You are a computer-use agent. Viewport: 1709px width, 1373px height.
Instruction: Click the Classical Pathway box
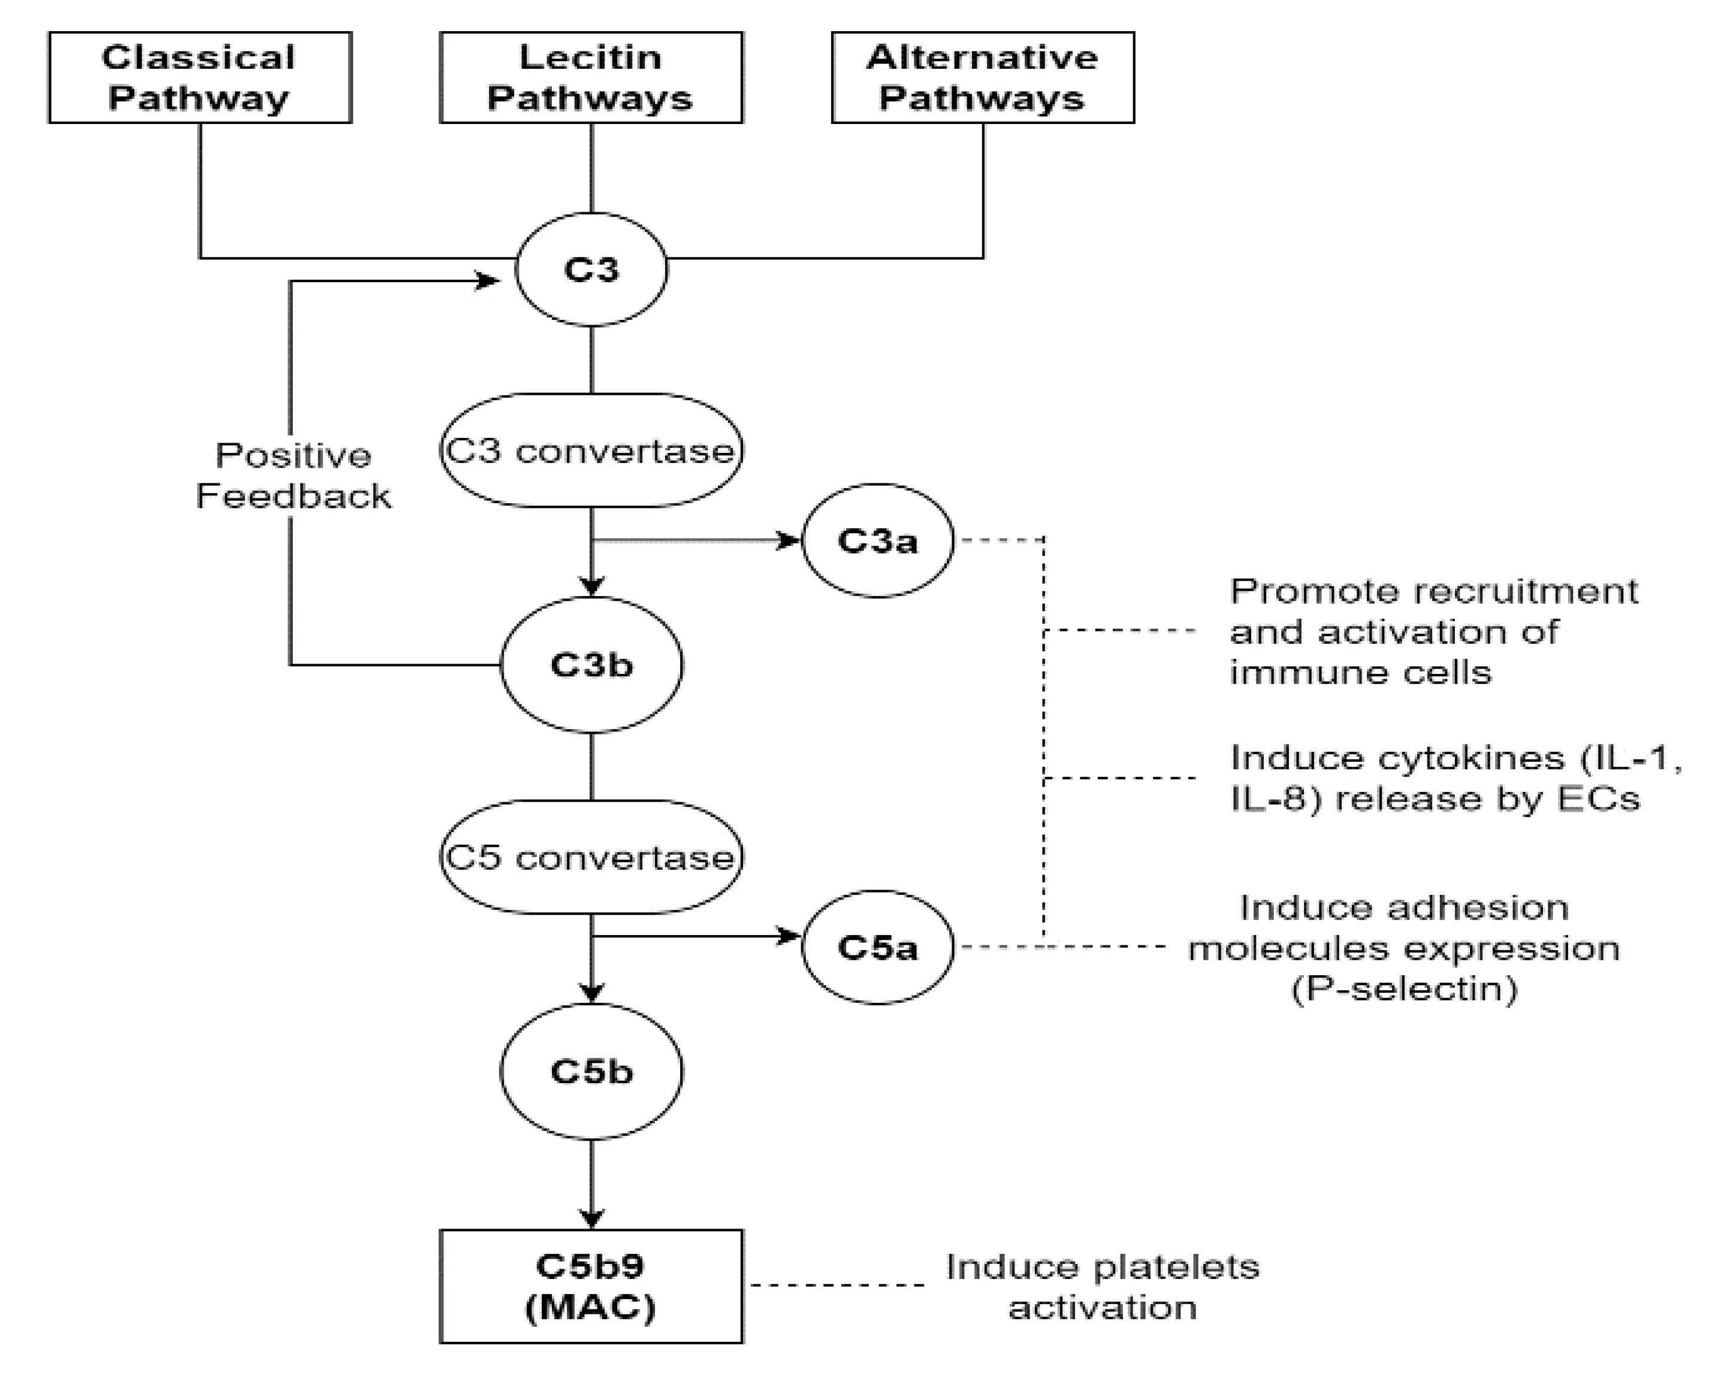[200, 78]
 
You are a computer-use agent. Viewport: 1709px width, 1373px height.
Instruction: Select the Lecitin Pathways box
[591, 78]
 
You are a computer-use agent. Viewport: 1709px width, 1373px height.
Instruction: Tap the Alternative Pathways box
[983, 78]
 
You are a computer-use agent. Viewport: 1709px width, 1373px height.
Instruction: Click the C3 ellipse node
[591, 270]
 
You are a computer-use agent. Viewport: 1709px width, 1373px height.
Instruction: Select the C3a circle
[877, 541]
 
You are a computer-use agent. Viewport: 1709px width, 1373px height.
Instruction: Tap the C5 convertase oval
[591, 857]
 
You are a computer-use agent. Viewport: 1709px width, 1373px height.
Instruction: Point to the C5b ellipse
[591, 1071]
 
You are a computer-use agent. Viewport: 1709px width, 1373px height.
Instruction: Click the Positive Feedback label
[293, 476]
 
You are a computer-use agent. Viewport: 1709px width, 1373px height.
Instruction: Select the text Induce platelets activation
[1102, 1287]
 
